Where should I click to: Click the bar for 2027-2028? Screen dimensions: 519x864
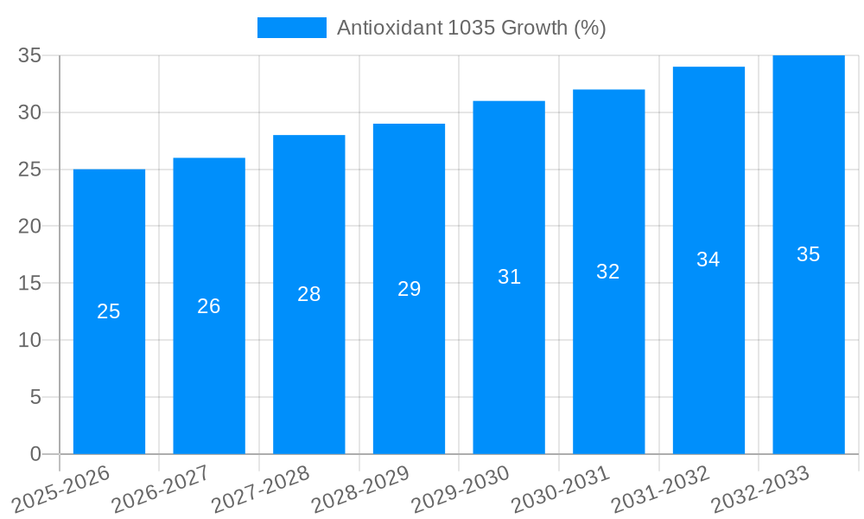[309, 346]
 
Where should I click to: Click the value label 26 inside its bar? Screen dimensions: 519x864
[209, 306]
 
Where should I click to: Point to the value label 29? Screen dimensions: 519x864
[410, 289]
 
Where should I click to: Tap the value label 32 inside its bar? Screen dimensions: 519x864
[608, 272]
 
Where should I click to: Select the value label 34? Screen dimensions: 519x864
[708, 259]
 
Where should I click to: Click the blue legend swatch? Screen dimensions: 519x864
[291, 28]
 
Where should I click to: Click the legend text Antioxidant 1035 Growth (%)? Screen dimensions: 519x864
[471, 28]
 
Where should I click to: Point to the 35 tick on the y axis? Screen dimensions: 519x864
[30, 55]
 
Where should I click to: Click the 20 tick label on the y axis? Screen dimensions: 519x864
[30, 227]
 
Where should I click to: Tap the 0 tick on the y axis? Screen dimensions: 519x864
[35, 454]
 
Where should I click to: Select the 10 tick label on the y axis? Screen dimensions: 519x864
[30, 340]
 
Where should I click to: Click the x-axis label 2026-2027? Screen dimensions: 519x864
[161, 489]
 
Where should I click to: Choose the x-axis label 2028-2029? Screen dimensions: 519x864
[360, 489]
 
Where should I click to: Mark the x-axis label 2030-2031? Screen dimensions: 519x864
[561, 489]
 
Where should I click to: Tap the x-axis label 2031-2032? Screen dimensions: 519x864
[661, 489]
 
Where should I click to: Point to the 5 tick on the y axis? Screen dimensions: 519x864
[35, 397]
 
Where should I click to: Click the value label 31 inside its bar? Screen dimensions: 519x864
[510, 277]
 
